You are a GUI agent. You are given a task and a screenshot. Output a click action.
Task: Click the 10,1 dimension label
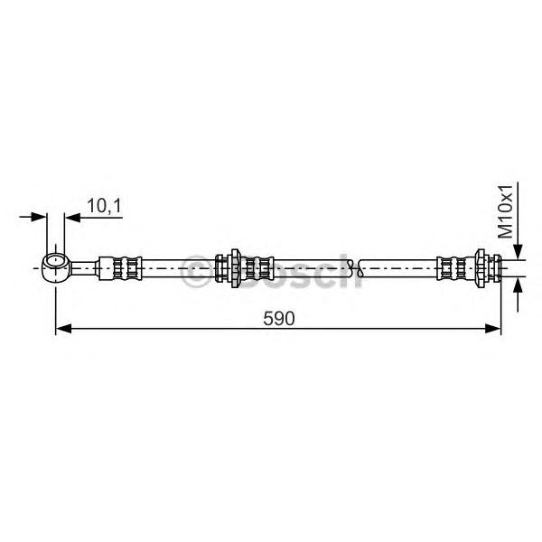[x=105, y=206]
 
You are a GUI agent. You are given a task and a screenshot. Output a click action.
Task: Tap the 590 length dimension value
[x=278, y=318]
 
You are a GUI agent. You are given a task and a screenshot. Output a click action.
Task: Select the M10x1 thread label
[x=505, y=211]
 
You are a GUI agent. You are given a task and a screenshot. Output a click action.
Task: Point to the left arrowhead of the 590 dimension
[x=63, y=329]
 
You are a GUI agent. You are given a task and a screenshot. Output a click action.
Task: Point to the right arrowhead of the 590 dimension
[x=493, y=329]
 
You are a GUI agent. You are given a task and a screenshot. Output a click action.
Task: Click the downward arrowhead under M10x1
[x=518, y=251]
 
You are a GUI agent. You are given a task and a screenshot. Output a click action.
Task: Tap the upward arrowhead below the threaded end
[x=518, y=285]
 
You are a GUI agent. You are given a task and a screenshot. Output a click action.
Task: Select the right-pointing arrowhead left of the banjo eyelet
[x=38, y=217]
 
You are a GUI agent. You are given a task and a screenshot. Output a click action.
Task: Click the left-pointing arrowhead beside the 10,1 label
[x=72, y=218]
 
